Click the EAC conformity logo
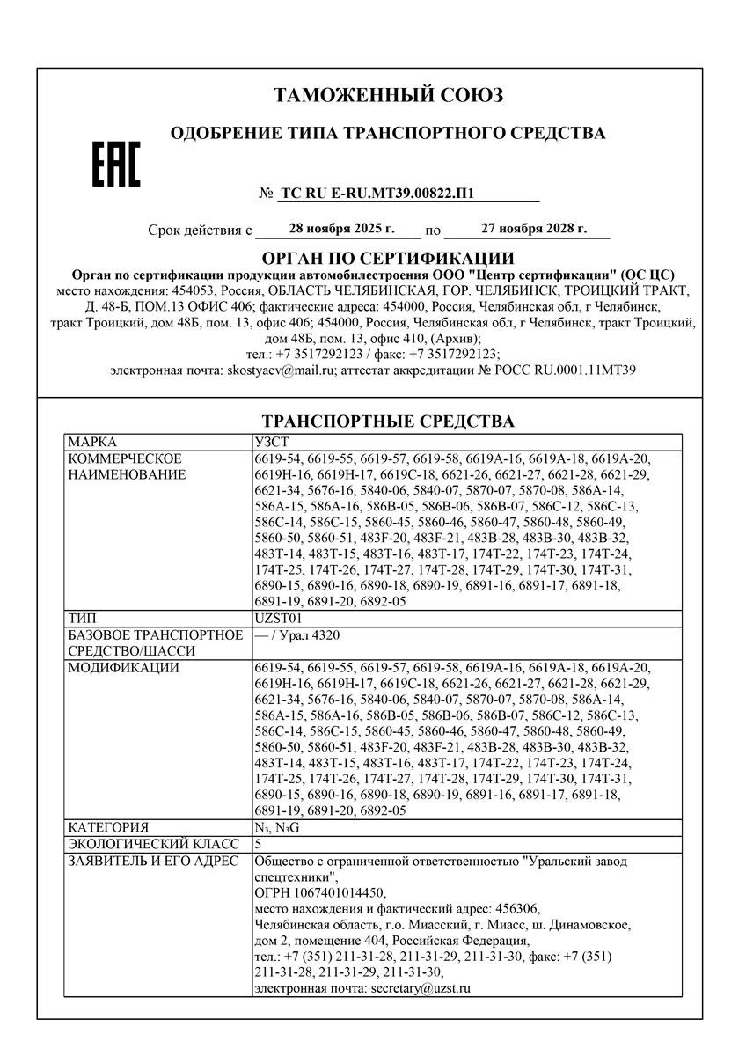click(116, 166)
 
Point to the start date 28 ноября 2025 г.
click(341, 229)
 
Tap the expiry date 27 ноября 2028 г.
click(534, 229)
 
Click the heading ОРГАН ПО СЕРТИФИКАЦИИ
click(388, 258)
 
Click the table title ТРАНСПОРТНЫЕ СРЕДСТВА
click(388, 422)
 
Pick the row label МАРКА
click(92, 440)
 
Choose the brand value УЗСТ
click(270, 440)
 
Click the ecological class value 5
click(257, 843)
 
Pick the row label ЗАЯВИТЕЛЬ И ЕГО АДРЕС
click(152, 860)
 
